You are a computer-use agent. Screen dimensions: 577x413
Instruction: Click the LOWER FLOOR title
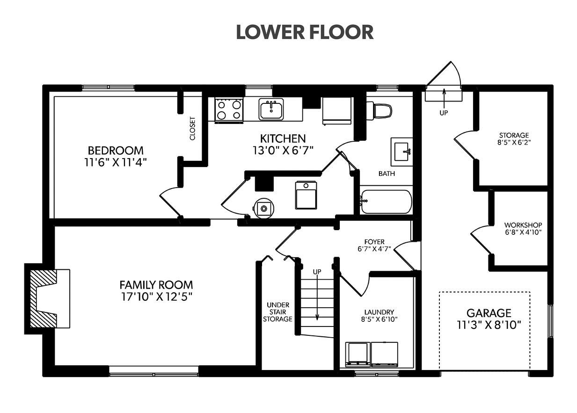click(305, 32)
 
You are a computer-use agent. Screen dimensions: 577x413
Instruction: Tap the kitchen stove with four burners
click(229, 110)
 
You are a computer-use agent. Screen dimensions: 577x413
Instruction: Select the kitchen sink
click(271, 109)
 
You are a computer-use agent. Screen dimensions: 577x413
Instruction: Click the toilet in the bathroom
click(379, 111)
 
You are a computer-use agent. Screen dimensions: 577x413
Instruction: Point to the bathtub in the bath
click(386, 202)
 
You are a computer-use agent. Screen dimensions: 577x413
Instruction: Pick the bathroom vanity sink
click(402, 152)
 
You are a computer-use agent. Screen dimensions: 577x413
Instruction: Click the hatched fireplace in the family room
click(47, 299)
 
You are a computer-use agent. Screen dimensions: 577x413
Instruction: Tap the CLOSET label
click(192, 129)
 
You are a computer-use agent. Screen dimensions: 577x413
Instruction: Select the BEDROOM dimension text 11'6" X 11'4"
click(116, 162)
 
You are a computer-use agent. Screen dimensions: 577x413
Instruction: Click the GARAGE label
click(489, 313)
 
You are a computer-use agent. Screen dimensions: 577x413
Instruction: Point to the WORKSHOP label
click(523, 225)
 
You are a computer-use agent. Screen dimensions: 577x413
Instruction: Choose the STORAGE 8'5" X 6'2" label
click(514, 139)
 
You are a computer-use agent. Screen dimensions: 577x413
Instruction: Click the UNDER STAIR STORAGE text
click(278, 312)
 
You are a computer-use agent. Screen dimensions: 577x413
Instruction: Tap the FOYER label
click(374, 242)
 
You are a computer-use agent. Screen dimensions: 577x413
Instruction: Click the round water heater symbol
click(263, 208)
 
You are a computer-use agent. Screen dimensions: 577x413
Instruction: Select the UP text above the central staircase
click(317, 272)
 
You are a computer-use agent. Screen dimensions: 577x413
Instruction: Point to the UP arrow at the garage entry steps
click(444, 98)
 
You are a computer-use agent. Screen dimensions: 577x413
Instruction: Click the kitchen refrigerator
click(336, 111)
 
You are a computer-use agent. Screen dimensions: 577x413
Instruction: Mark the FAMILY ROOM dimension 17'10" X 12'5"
click(157, 297)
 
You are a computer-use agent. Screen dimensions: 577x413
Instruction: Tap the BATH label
click(387, 174)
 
